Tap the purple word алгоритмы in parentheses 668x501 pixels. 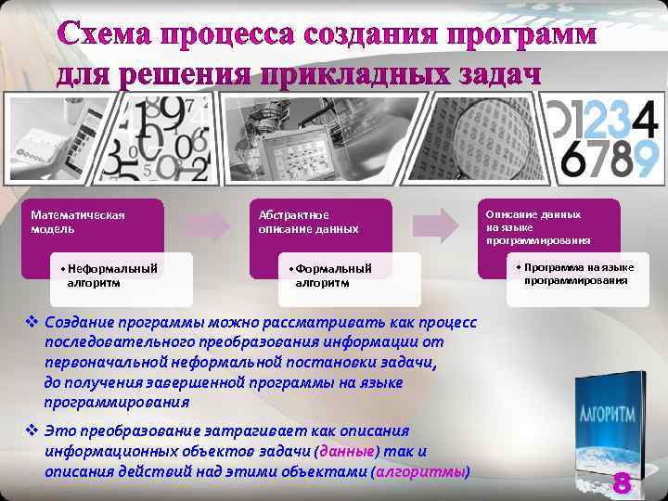click(x=419, y=471)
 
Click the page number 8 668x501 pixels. click(x=622, y=482)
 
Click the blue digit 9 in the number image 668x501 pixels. click(x=644, y=158)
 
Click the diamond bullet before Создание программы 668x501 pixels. click(x=32, y=322)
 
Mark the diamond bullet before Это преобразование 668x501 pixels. click(x=32, y=431)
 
